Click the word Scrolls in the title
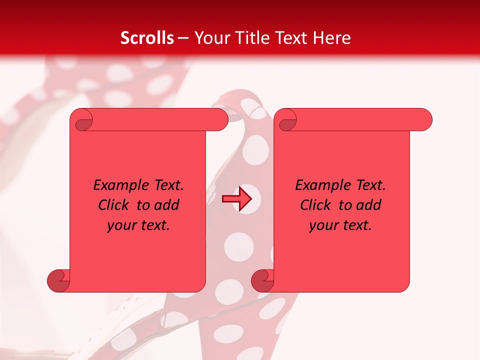(x=147, y=38)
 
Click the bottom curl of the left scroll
(x=58, y=280)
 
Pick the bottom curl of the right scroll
(x=262, y=280)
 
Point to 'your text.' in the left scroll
(x=138, y=225)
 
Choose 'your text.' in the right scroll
(x=340, y=225)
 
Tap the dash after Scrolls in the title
(x=183, y=38)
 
